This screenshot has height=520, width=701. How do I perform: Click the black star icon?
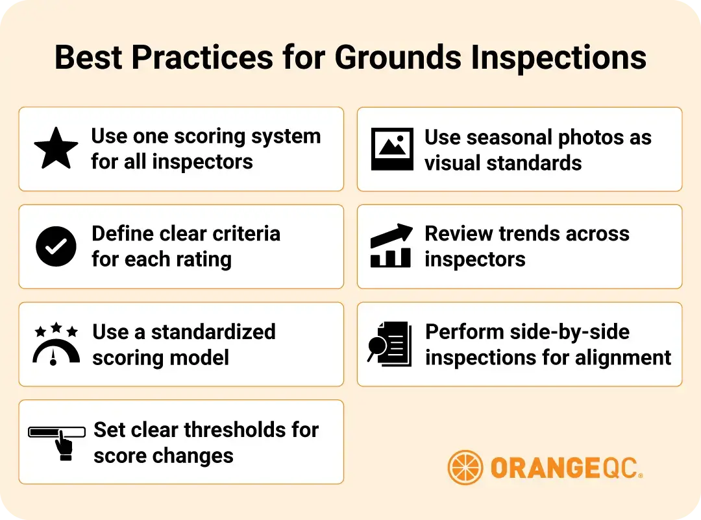56,148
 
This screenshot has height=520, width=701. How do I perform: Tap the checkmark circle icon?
56,246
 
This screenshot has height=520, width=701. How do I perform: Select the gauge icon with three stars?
56,344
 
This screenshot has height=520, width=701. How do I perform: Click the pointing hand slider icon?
57,442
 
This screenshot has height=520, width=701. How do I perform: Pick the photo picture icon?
392,149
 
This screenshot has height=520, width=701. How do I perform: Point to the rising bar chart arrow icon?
391,246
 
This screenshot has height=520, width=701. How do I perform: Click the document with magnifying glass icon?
390,344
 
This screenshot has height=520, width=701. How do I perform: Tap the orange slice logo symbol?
465,467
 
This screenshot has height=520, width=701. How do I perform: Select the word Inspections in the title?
559,58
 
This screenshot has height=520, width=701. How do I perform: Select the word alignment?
622,357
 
